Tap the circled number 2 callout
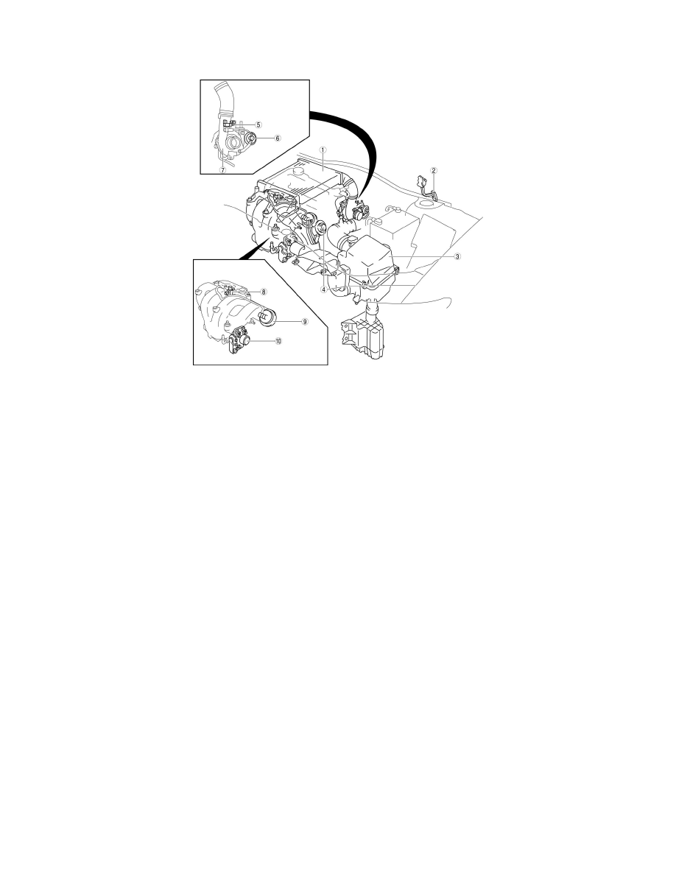point(434,171)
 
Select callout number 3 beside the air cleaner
point(457,257)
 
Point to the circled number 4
point(323,289)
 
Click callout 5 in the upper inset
point(258,125)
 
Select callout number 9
point(284,322)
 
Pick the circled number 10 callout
point(278,342)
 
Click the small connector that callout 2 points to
point(421,180)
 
